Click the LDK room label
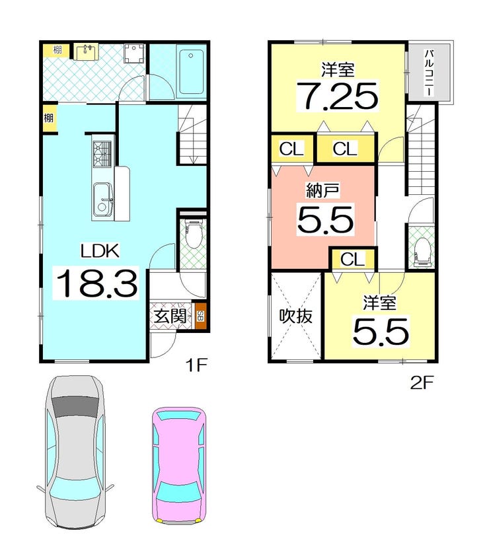(100, 250)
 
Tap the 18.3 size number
(96, 283)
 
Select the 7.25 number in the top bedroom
(337, 96)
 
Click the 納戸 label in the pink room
(322, 191)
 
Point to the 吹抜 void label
(295, 316)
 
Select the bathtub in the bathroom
(191, 71)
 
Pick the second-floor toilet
(422, 252)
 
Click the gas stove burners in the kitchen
(102, 154)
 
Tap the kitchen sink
(102, 200)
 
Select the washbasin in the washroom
(86, 52)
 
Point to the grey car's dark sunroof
(75, 406)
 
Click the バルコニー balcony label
(430, 73)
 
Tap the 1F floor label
(197, 365)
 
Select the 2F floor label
(422, 383)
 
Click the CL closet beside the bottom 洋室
(353, 260)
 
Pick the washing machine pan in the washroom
(133, 54)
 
